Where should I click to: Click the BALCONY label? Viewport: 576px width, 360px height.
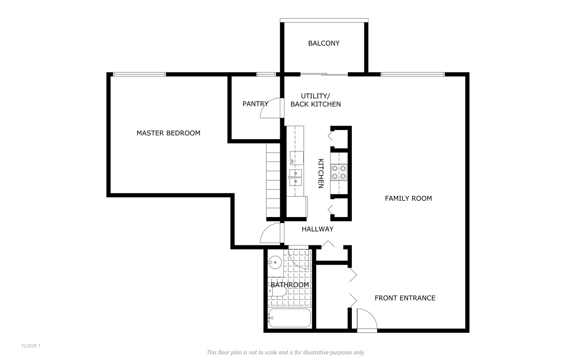coord(323,43)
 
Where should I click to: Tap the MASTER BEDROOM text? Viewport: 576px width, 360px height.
coord(168,133)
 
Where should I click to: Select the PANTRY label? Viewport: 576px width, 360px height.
coord(255,104)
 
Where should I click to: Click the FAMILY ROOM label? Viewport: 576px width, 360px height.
coord(408,198)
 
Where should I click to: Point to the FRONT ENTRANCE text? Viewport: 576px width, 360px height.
coord(405,298)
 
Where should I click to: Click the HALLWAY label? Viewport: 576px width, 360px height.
coord(317,229)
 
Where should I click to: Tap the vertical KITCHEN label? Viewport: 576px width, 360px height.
coord(321,173)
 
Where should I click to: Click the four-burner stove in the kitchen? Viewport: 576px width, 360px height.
coord(339,172)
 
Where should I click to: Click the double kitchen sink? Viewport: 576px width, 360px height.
coord(295,177)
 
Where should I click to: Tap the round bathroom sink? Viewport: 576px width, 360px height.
coord(275,262)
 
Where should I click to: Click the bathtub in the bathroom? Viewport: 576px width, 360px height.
coord(289,318)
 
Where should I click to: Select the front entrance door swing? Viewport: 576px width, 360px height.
coord(367,319)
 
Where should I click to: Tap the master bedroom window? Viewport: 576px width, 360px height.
coord(139,74)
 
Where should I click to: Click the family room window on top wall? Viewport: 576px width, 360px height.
coord(412,74)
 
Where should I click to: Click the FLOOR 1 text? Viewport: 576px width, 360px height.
coord(31,346)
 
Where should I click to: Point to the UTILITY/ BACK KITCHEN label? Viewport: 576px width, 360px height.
coord(315,100)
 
